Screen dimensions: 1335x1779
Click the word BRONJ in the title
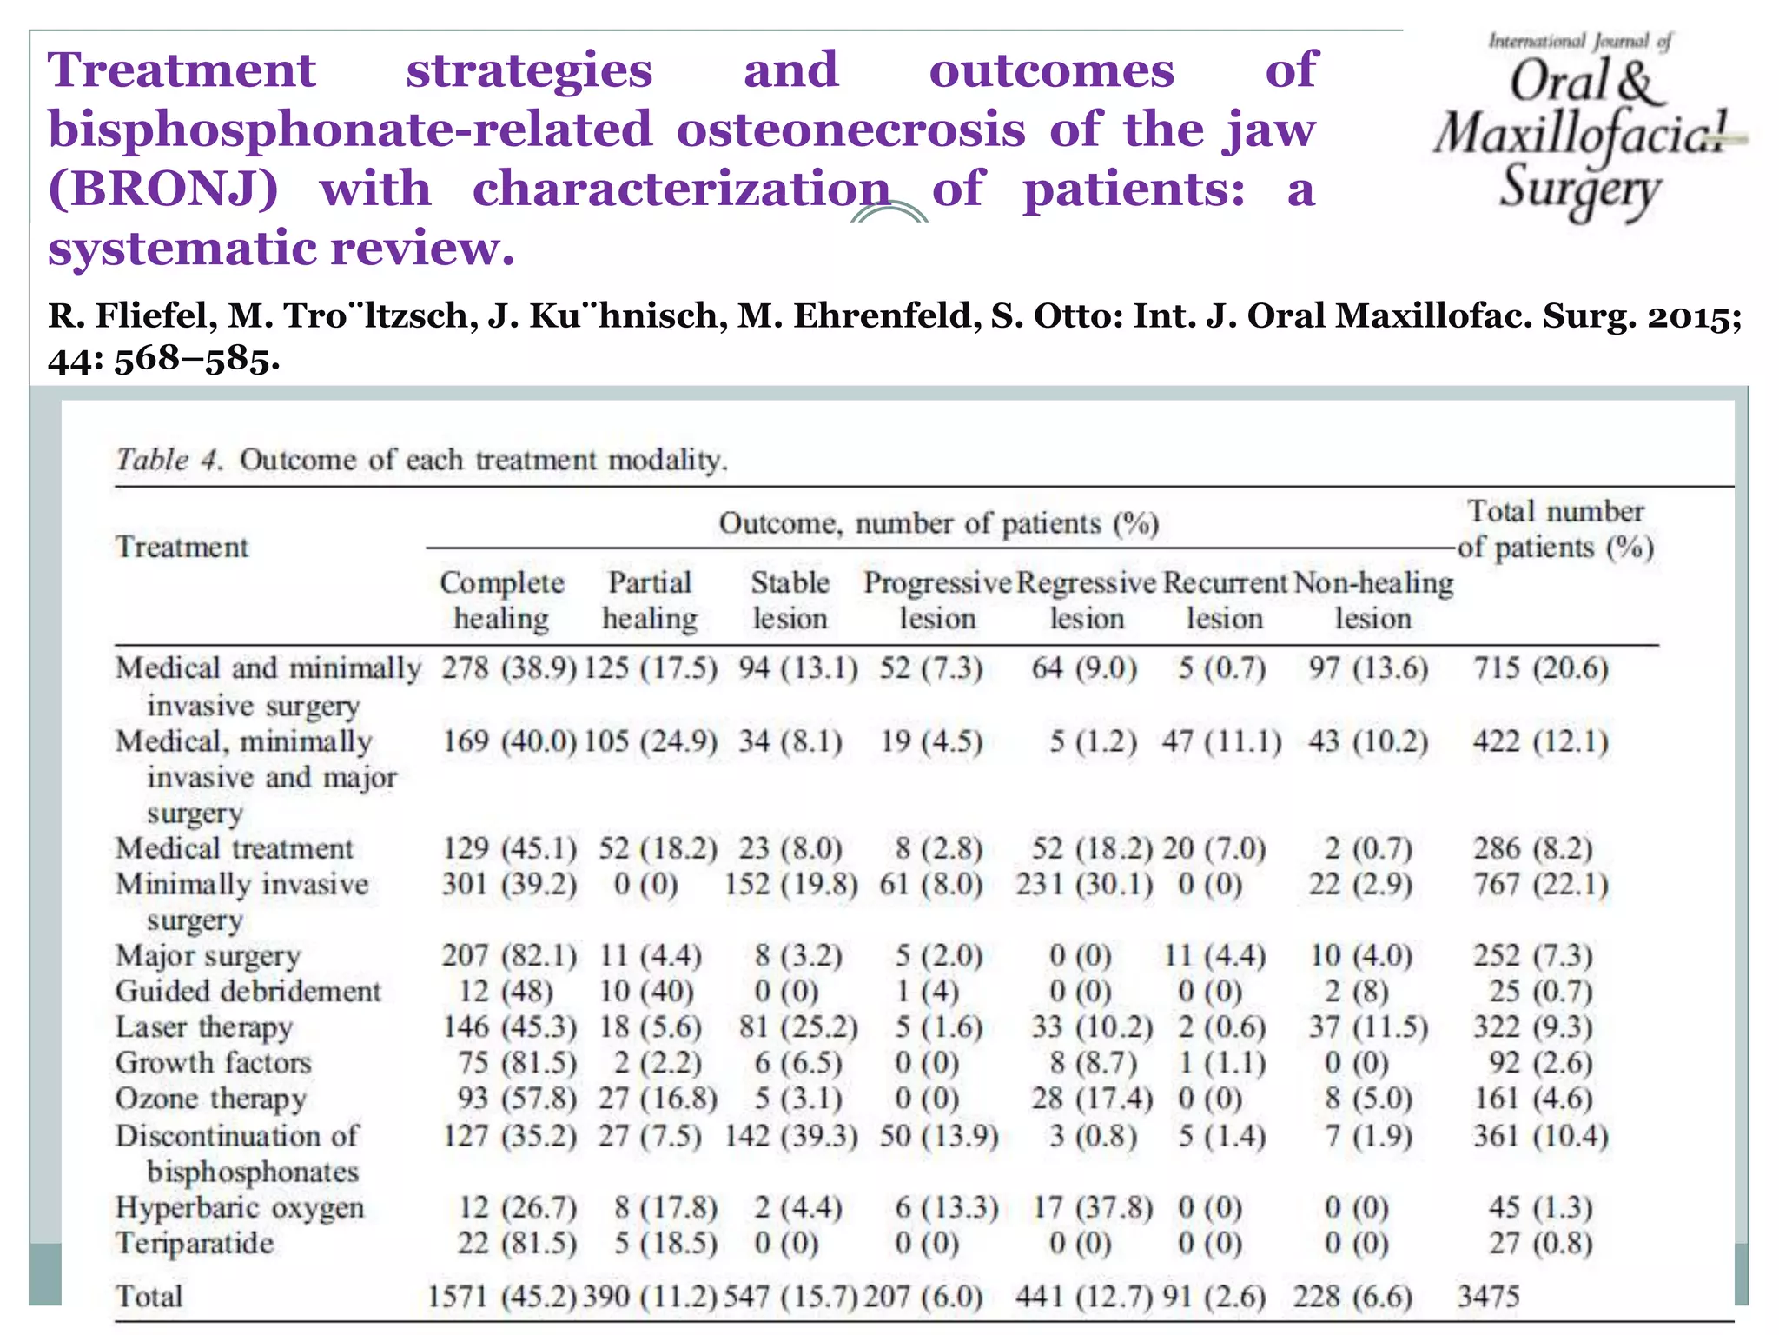click(x=162, y=189)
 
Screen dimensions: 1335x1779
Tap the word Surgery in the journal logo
click(x=1579, y=189)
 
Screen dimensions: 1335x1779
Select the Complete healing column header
click(x=501, y=600)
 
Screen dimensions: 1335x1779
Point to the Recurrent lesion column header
click(x=1224, y=600)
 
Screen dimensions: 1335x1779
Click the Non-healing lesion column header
click(x=1372, y=600)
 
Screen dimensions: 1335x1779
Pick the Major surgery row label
click(x=208, y=955)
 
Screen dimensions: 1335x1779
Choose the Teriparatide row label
click(x=195, y=1243)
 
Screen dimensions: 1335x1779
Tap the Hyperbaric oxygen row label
click(x=240, y=1207)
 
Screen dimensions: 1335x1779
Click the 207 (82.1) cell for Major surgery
click(x=509, y=955)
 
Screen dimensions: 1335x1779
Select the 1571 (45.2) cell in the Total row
click(x=502, y=1296)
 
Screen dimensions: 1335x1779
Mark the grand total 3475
click(x=1488, y=1296)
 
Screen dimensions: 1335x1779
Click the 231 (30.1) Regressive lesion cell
click(x=1084, y=884)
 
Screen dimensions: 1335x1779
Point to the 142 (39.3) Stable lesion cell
click(x=790, y=1135)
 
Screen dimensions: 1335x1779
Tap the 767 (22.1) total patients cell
click(x=1540, y=884)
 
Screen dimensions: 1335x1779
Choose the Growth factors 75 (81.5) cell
click(x=517, y=1062)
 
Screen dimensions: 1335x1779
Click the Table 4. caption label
click(x=170, y=459)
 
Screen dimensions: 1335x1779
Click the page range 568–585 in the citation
click(x=196, y=358)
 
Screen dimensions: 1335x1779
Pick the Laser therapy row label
click(x=204, y=1026)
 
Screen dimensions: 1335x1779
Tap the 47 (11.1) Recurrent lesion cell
click(x=1221, y=741)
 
